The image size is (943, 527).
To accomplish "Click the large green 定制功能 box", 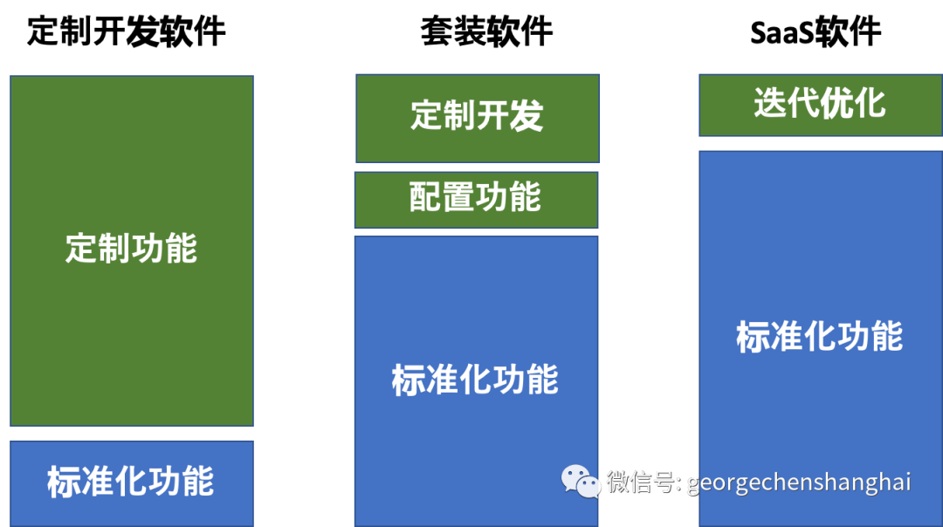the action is (131, 250).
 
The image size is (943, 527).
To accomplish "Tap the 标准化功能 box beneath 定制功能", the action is (131, 483).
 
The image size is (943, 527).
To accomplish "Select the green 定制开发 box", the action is (478, 118).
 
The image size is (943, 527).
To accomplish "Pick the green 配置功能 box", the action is (476, 199).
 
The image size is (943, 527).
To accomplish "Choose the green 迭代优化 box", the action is (820, 105).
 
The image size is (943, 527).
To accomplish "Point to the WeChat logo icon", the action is (580, 481).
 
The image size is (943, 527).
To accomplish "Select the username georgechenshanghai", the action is (799, 483).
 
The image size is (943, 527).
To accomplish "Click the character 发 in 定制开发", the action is (527, 116).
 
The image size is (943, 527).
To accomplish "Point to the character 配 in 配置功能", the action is (425, 198).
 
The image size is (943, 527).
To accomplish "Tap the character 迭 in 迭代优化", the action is (770, 104).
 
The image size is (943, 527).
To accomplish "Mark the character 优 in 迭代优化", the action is (836, 104).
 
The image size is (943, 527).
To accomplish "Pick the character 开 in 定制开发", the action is (493, 116).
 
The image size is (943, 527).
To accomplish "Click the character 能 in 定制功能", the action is (181, 250).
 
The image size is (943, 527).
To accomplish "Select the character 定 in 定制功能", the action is (81, 250).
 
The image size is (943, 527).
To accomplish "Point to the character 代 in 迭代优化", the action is (803, 104).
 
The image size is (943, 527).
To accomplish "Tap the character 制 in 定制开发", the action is (460, 116).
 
